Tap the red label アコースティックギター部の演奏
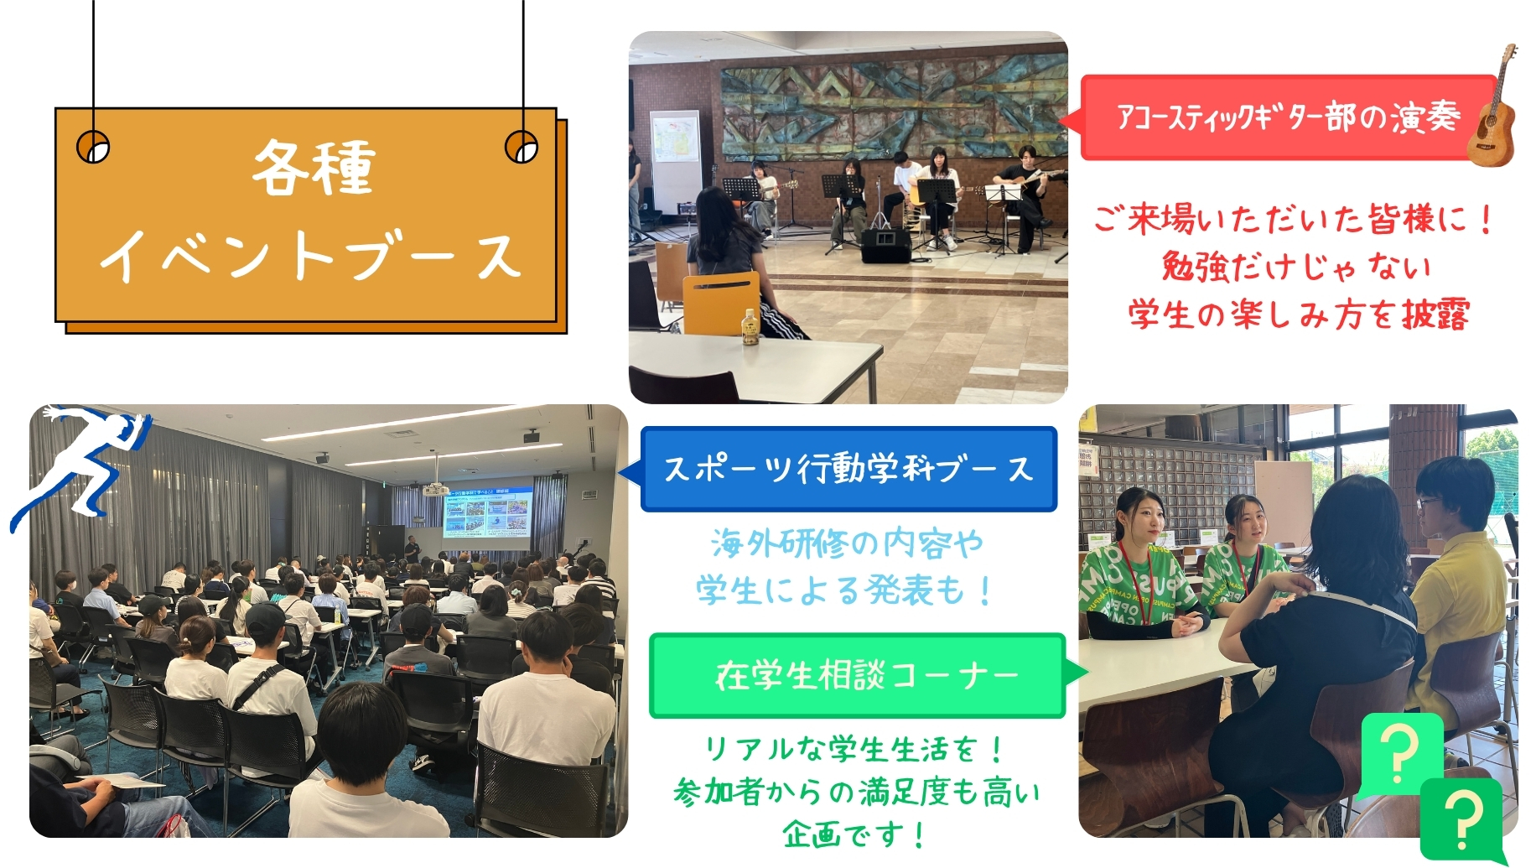pos(1287,117)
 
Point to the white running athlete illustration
pos(80,465)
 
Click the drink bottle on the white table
pos(749,328)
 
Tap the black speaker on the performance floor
pos(885,245)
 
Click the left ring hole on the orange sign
pos(93,148)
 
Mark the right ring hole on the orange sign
pos(522,147)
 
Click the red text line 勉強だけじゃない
pos(1296,267)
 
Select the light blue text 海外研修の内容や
pos(847,543)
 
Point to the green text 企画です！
pos(854,834)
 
